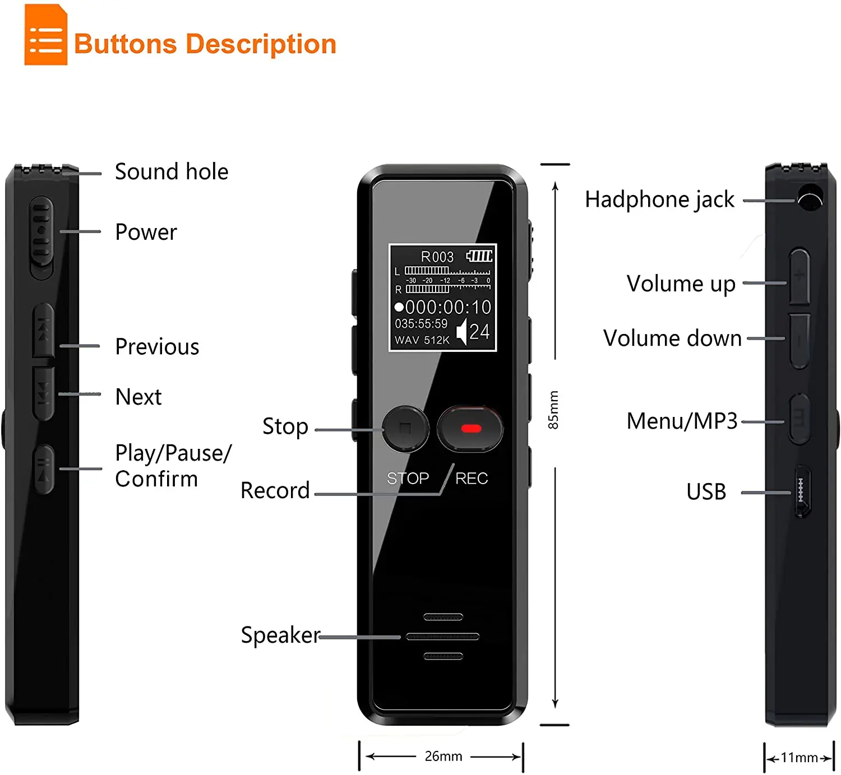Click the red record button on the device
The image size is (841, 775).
[470, 429]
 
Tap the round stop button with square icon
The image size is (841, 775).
[405, 428]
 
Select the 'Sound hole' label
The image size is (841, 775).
[172, 171]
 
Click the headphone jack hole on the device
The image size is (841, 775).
[810, 199]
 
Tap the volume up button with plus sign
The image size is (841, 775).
[800, 276]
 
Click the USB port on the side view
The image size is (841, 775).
[802, 491]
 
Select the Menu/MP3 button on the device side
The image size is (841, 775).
[799, 418]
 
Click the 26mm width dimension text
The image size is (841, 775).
[443, 756]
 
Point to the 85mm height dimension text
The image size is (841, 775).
[553, 410]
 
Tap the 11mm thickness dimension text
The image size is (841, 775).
[799, 758]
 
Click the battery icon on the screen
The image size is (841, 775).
[479, 256]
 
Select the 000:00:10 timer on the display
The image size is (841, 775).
[447, 307]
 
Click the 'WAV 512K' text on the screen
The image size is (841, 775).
[422, 340]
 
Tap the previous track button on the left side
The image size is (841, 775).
[43, 331]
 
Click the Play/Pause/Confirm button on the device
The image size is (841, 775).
[44, 469]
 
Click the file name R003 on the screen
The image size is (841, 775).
[437, 257]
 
